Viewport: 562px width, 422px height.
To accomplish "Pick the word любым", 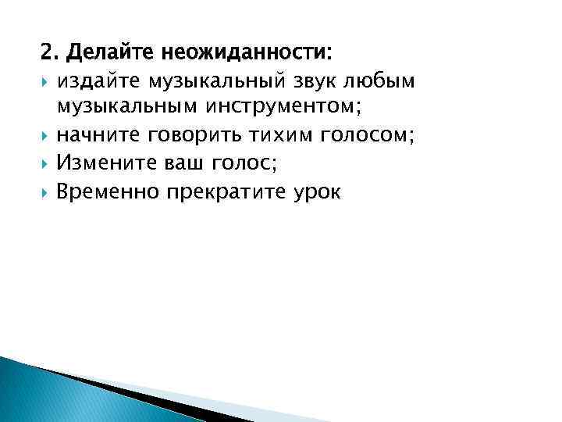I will [x=386, y=82].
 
